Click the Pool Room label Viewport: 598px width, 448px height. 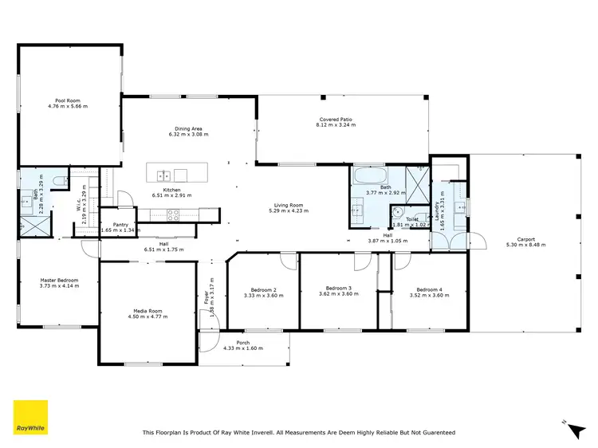pyautogui.click(x=67, y=100)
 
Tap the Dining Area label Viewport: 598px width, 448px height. pyautogui.click(x=188, y=129)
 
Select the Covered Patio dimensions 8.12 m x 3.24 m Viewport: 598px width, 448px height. pyautogui.click(x=335, y=125)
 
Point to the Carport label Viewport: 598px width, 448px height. pyautogui.click(x=525, y=239)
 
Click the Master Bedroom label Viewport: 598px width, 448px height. pyautogui.click(x=60, y=280)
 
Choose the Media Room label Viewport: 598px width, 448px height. pyautogui.click(x=148, y=310)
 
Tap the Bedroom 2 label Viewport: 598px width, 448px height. pyautogui.click(x=264, y=289)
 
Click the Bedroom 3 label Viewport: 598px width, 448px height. pyautogui.click(x=339, y=288)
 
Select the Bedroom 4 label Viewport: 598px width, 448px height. pyautogui.click(x=428, y=289)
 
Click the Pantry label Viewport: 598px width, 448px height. pyautogui.click(x=121, y=225)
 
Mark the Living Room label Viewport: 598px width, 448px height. pyautogui.click(x=287, y=205)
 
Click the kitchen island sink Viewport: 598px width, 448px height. pyautogui.click(x=164, y=175)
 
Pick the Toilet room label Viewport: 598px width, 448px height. pyautogui.click(x=411, y=219)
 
